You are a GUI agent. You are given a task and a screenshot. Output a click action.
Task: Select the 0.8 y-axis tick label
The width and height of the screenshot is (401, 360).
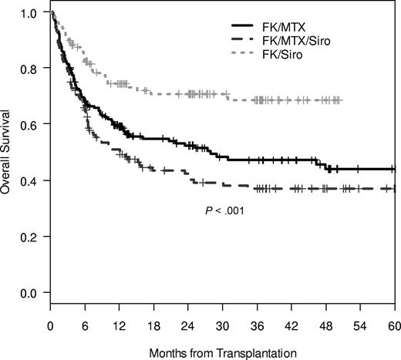coord(29,67)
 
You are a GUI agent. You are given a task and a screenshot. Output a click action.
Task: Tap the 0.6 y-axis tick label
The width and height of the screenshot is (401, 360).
coord(29,124)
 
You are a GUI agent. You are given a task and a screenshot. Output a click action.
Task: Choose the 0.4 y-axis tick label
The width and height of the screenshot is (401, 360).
coord(29,180)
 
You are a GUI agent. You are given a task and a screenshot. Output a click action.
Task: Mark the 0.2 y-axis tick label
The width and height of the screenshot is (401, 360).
coord(29,237)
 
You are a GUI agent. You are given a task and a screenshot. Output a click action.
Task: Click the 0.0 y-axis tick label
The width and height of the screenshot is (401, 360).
coord(29,293)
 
